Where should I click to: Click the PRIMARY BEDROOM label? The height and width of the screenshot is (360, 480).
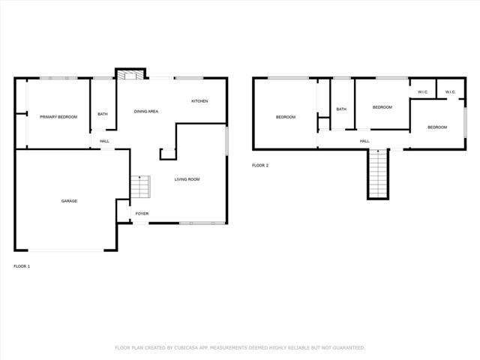click(58, 117)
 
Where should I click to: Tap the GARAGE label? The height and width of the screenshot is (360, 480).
click(69, 201)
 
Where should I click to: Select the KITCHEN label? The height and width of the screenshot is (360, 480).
click(199, 101)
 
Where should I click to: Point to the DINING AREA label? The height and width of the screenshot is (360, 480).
click(146, 112)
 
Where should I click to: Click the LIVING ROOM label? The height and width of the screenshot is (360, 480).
click(187, 179)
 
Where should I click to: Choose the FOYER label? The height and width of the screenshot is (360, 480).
click(142, 214)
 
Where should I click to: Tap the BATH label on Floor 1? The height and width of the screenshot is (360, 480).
click(103, 115)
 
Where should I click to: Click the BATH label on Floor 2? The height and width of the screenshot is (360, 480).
click(341, 109)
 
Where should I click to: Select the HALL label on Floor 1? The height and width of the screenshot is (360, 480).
click(105, 141)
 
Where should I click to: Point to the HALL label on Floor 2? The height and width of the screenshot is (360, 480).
click(364, 141)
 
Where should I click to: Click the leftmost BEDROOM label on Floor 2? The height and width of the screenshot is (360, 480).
click(286, 117)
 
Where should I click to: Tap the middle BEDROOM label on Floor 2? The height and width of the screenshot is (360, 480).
click(382, 107)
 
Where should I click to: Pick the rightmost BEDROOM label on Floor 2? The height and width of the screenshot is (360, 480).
click(437, 127)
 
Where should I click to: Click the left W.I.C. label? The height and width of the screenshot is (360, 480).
click(423, 92)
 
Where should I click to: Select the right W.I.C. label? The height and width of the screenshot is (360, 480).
click(451, 92)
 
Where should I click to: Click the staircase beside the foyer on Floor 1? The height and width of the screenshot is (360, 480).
click(140, 187)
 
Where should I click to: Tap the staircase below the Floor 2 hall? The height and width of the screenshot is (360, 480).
click(379, 174)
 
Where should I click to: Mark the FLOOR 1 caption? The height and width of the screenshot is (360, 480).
click(22, 266)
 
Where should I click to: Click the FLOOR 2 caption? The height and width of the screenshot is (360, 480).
click(260, 165)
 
